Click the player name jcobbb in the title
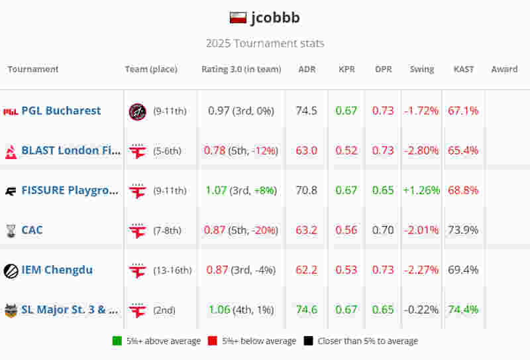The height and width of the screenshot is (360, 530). [275, 18]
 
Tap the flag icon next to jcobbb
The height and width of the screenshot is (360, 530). [238, 18]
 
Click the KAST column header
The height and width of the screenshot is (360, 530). [464, 69]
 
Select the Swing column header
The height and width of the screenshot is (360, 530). [422, 69]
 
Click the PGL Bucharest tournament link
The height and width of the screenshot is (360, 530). [61, 111]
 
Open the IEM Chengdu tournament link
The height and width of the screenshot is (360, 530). [57, 270]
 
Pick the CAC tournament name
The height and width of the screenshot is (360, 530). [32, 230]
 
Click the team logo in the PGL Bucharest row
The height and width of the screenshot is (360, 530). [137, 111]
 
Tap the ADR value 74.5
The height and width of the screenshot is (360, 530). [307, 111]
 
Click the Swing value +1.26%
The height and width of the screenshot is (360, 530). [421, 190]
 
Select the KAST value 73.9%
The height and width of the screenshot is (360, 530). [464, 230]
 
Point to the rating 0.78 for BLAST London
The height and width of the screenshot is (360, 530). [215, 150]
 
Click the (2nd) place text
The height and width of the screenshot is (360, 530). [164, 310]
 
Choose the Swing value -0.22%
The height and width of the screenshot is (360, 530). [421, 310]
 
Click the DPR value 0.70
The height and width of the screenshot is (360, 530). [383, 230]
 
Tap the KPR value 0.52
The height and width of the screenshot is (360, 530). [346, 150]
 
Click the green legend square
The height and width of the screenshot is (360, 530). [117, 341]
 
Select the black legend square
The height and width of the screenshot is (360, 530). [308, 341]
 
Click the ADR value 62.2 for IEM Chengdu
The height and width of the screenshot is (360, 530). [307, 270]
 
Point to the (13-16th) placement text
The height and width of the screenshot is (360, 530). [172, 270]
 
